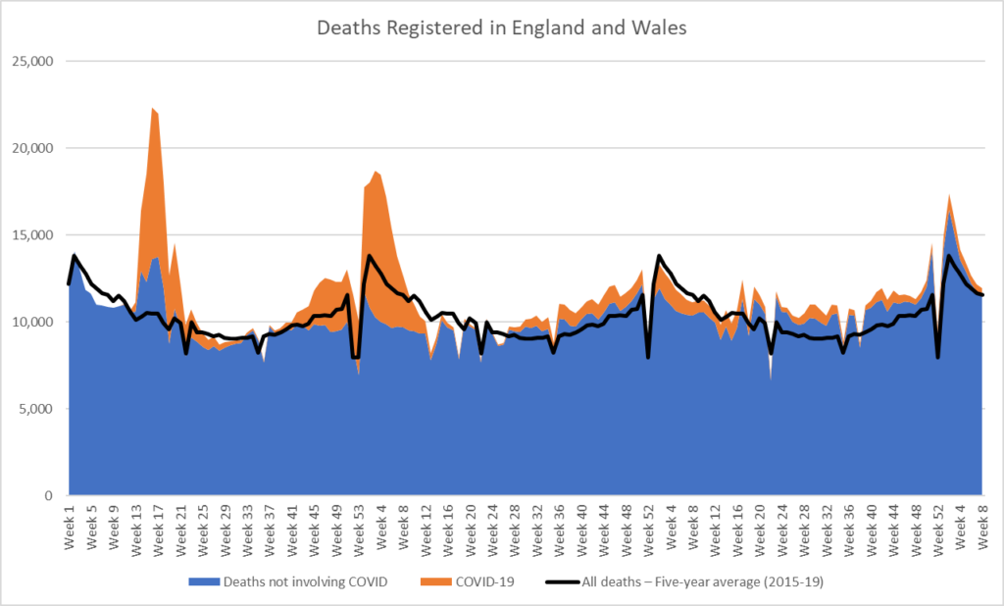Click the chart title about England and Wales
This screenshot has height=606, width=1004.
(501, 27)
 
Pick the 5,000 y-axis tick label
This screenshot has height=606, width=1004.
(36, 409)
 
